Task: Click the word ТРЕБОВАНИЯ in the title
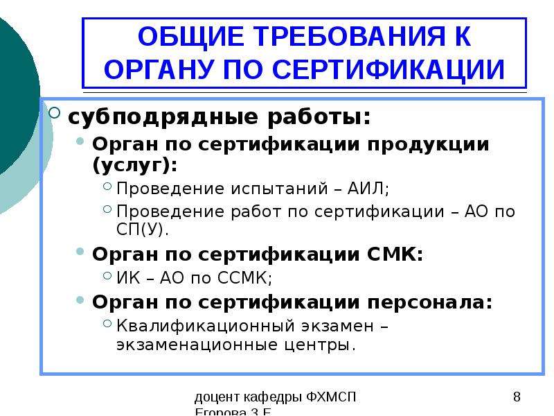pyautogui.click(x=349, y=37)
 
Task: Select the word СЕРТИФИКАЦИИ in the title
pyautogui.click(x=388, y=69)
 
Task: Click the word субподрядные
pyautogui.click(x=163, y=117)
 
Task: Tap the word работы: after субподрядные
pyautogui.click(x=319, y=116)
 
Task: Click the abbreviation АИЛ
pyautogui.click(x=368, y=188)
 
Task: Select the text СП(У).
pyautogui.click(x=142, y=229)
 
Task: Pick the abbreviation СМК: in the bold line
pyautogui.click(x=395, y=254)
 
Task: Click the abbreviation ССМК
pyautogui.click(x=244, y=278)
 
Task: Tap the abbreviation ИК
pyautogui.click(x=128, y=278)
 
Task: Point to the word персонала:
pyautogui.click(x=430, y=303)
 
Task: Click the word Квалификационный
pyautogui.click(x=206, y=326)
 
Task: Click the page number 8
pyautogui.click(x=517, y=397)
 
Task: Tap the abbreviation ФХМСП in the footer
pyautogui.click(x=331, y=397)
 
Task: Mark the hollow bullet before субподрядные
pyautogui.click(x=55, y=113)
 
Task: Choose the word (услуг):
pyautogui.click(x=134, y=165)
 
